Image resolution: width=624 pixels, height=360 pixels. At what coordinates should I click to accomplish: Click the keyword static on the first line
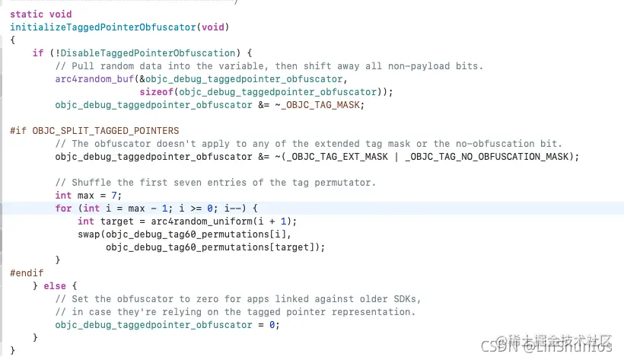tap(27, 14)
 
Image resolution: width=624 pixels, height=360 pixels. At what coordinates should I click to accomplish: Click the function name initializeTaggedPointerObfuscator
tap(103, 27)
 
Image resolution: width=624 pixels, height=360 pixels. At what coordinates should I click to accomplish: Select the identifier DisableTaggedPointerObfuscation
tap(148, 53)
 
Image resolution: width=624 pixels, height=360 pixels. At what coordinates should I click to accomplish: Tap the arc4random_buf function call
tap(94, 79)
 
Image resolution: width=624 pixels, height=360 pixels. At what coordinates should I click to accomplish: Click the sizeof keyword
tap(157, 92)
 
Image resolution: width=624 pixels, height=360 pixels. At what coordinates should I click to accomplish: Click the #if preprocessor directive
tap(18, 131)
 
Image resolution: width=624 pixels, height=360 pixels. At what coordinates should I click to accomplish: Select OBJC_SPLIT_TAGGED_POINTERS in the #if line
tap(106, 131)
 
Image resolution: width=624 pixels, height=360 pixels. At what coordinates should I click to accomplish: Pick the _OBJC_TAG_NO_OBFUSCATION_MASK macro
tap(487, 157)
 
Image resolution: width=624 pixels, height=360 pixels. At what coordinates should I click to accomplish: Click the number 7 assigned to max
tap(114, 196)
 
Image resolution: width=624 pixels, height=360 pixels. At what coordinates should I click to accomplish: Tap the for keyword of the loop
tap(63, 209)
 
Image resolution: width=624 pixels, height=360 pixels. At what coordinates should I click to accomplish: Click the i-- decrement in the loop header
tap(232, 209)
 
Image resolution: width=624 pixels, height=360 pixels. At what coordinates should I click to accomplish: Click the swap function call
tap(89, 234)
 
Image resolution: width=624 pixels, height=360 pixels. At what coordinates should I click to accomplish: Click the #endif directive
tap(27, 273)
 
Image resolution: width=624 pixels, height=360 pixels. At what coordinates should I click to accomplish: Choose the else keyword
tap(55, 286)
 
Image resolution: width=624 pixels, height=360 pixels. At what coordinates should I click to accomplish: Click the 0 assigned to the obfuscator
tap(272, 325)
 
